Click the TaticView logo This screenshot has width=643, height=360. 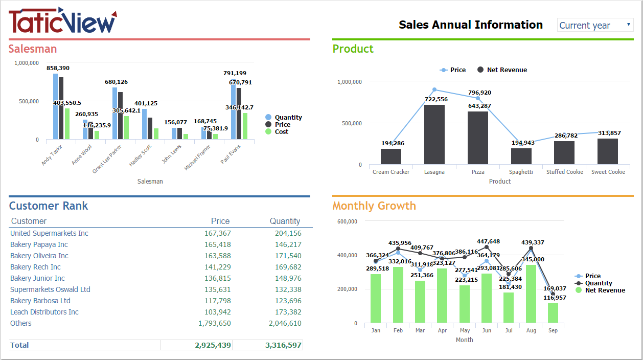(62, 21)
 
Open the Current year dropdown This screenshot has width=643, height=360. (595, 25)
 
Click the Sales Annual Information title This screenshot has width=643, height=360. (470, 25)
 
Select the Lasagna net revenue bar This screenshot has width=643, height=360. (434, 134)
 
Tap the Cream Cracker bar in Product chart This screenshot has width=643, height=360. (391, 156)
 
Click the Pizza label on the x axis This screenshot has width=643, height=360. (478, 172)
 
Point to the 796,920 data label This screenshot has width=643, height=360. (479, 93)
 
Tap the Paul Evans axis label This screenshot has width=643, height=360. (231, 154)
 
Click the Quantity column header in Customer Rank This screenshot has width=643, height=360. (285, 221)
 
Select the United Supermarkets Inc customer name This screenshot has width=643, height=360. (49, 233)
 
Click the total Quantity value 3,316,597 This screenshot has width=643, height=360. (283, 345)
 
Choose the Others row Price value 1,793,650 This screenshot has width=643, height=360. (214, 323)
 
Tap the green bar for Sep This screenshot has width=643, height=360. (553, 313)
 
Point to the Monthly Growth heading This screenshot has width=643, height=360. (374, 206)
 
